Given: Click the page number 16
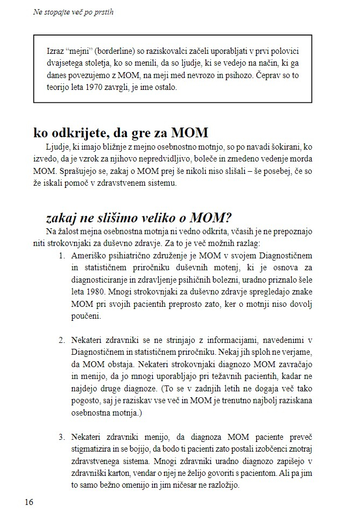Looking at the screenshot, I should pos(29,502).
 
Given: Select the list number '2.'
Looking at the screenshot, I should pos(62,340).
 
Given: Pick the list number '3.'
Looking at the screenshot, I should pos(62,437).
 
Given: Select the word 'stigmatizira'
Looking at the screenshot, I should pos(94,449).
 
